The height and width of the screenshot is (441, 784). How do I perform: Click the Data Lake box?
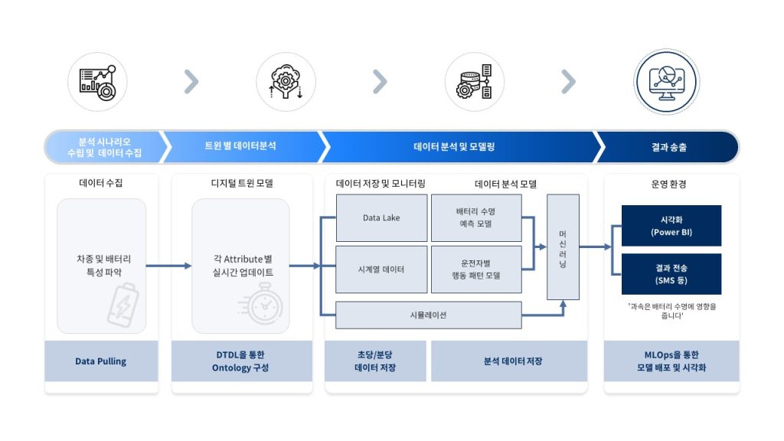click(381, 218)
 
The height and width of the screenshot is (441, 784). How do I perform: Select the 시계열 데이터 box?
click(381, 269)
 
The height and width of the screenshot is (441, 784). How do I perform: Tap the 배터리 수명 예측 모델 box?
click(476, 218)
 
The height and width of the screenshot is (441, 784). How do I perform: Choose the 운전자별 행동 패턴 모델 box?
click(476, 269)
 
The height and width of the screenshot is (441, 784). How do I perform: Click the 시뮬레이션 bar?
click(429, 315)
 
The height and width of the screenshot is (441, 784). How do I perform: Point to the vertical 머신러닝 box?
click(563, 247)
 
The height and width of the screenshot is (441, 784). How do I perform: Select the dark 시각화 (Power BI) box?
click(671, 226)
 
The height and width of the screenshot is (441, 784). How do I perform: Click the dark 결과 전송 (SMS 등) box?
click(671, 274)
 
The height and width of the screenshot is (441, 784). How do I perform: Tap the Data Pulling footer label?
click(101, 361)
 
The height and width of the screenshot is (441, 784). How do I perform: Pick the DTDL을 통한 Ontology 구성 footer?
click(242, 361)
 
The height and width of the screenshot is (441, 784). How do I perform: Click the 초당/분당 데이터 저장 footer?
click(375, 361)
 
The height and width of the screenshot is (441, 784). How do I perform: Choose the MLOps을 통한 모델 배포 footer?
click(671, 361)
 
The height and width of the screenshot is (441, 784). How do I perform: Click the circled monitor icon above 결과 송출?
click(667, 82)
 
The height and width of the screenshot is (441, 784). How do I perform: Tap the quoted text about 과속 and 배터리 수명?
click(671, 312)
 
